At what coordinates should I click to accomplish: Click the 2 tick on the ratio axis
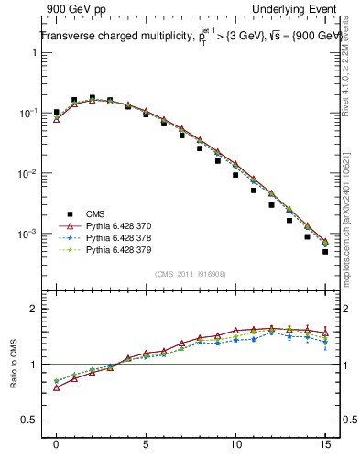click(35, 309)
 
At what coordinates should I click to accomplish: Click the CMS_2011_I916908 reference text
click(190, 274)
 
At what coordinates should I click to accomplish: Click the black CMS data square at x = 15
click(325, 252)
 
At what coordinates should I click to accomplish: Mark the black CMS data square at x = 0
click(56, 112)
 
